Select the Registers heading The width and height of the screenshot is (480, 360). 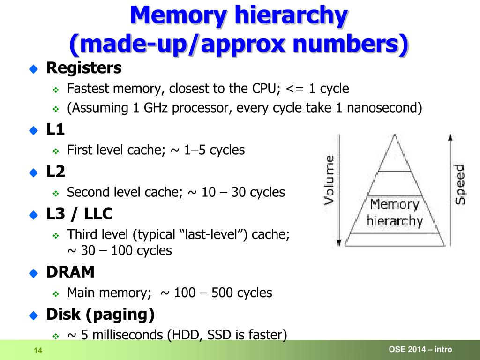click(x=84, y=68)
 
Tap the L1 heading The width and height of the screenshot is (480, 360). click(x=55, y=129)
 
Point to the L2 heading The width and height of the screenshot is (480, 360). click(x=56, y=172)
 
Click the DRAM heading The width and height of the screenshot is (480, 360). click(x=70, y=272)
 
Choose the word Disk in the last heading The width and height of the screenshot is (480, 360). click(x=63, y=315)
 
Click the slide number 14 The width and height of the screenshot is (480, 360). click(x=38, y=351)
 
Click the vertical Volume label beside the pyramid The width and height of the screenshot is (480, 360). click(x=330, y=180)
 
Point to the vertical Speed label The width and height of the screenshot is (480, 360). click(x=460, y=184)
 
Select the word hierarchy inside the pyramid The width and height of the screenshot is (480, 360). click(x=394, y=220)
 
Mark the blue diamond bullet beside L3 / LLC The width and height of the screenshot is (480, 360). click(x=33, y=215)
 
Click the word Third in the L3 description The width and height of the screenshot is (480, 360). click(x=84, y=234)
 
